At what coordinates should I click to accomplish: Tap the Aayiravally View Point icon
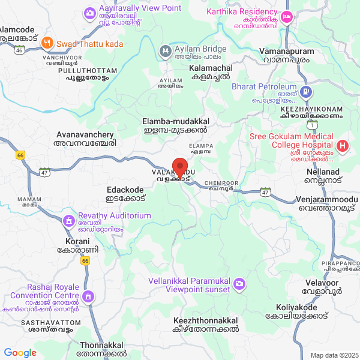[90, 12]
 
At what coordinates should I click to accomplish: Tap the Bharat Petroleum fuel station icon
[307, 92]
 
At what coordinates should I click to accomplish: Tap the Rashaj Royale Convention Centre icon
[89, 296]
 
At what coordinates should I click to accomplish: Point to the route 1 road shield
[311, 125]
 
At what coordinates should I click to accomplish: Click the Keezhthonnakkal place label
[205, 325]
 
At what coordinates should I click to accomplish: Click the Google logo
[20, 353]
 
